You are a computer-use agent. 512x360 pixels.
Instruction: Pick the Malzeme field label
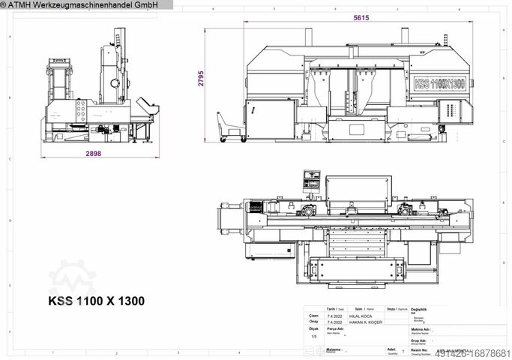pos(334,349)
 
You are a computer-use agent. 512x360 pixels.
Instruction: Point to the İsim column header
pos(360,308)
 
